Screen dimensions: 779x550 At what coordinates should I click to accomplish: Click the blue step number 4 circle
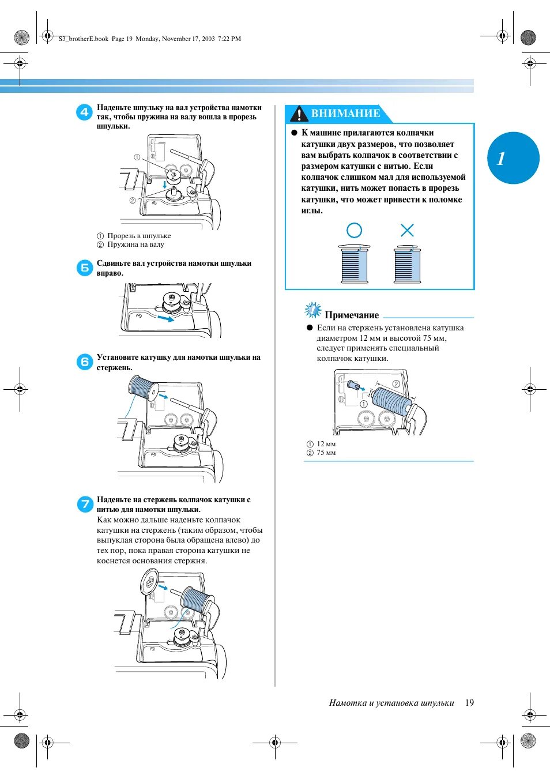coord(84,112)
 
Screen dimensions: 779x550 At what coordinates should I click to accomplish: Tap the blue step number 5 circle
coord(84,268)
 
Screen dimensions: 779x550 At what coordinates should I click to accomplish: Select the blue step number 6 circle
coord(84,362)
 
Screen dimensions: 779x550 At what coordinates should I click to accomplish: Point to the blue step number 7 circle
coord(85,504)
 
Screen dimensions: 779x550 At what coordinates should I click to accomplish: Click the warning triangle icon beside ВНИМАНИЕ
coord(299,114)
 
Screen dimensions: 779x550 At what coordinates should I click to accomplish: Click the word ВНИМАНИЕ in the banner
coord(345,114)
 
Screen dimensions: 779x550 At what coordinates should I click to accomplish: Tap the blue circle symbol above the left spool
coord(354,231)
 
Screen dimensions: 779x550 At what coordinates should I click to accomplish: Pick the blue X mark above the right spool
coord(407,231)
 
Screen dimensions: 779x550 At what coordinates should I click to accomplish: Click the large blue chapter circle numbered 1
coord(513,158)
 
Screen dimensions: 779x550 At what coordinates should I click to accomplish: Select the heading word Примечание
coord(352,315)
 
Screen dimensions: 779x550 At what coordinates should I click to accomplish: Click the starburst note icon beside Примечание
coord(312,310)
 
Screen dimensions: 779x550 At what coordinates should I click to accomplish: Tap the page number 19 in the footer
coord(469,702)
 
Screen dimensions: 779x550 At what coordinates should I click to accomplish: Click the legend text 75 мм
coord(326,453)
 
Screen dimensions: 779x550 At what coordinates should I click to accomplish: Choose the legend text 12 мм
coord(326,444)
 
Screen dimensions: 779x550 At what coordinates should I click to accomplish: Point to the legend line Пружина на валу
coord(135,244)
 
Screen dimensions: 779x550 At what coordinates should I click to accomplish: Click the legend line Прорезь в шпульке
coord(139,236)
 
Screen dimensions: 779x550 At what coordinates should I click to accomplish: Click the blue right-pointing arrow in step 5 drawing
coord(165,318)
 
